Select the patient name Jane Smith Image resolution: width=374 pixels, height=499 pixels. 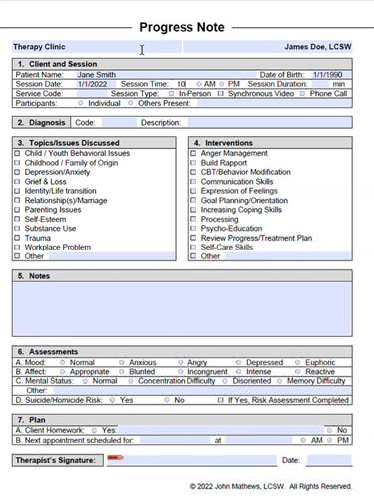(96, 74)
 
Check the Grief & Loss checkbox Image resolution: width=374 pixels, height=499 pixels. (17, 182)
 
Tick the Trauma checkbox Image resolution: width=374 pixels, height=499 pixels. (17, 238)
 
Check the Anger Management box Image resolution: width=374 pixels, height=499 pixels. (193, 153)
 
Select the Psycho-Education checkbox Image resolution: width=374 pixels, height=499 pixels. (193, 228)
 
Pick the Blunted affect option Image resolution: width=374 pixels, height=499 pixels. (122, 371)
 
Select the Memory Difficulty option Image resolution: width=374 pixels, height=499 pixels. (282, 380)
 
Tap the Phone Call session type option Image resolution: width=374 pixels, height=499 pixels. (302, 93)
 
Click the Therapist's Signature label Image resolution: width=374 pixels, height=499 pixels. (57, 460)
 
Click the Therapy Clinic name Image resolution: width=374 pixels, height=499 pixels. (41, 46)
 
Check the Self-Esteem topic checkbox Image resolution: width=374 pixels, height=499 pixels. (17, 219)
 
